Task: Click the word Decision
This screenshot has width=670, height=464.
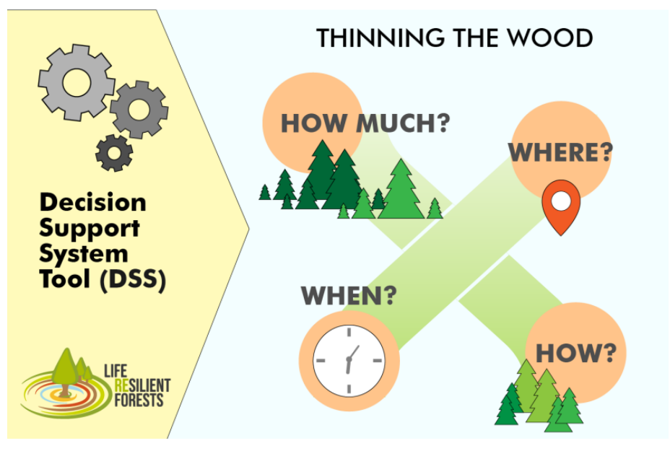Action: tap(92, 202)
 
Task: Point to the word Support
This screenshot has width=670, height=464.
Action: tap(90, 229)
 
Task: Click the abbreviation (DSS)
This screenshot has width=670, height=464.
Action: tap(133, 279)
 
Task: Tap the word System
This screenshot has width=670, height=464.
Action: tap(84, 254)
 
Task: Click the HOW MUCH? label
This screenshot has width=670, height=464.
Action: tap(365, 123)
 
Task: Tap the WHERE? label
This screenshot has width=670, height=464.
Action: tap(560, 152)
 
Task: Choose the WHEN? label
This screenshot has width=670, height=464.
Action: tap(349, 295)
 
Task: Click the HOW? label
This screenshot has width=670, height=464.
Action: tap(576, 354)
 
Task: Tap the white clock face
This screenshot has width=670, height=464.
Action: tap(349, 361)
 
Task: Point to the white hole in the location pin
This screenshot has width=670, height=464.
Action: tap(561, 201)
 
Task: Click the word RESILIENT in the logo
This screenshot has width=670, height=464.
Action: tap(142, 385)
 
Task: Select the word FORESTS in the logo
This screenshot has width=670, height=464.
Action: tap(139, 400)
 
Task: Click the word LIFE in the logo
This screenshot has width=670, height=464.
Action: tap(116, 371)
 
